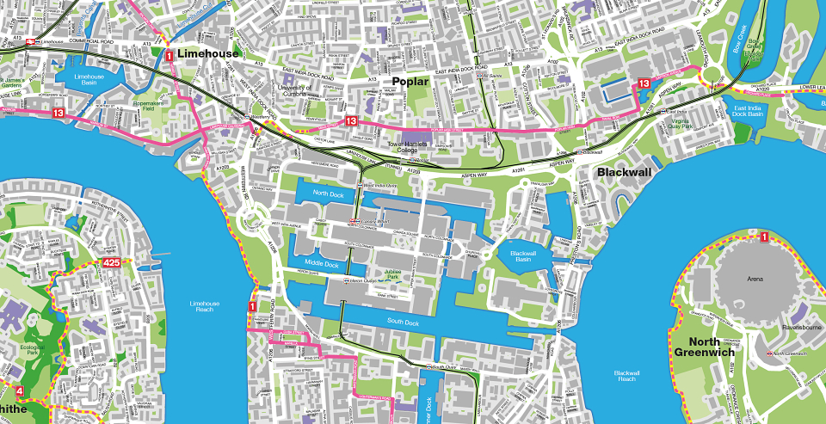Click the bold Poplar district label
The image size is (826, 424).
[410, 81]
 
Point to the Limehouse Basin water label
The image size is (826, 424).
[81, 80]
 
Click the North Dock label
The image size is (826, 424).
[328, 193]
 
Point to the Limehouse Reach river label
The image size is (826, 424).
[206, 306]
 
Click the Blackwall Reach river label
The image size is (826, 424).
[626, 375]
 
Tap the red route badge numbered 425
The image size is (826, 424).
[112, 263]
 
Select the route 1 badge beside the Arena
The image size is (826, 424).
[763, 237]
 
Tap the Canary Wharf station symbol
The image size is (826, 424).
[353, 222]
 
